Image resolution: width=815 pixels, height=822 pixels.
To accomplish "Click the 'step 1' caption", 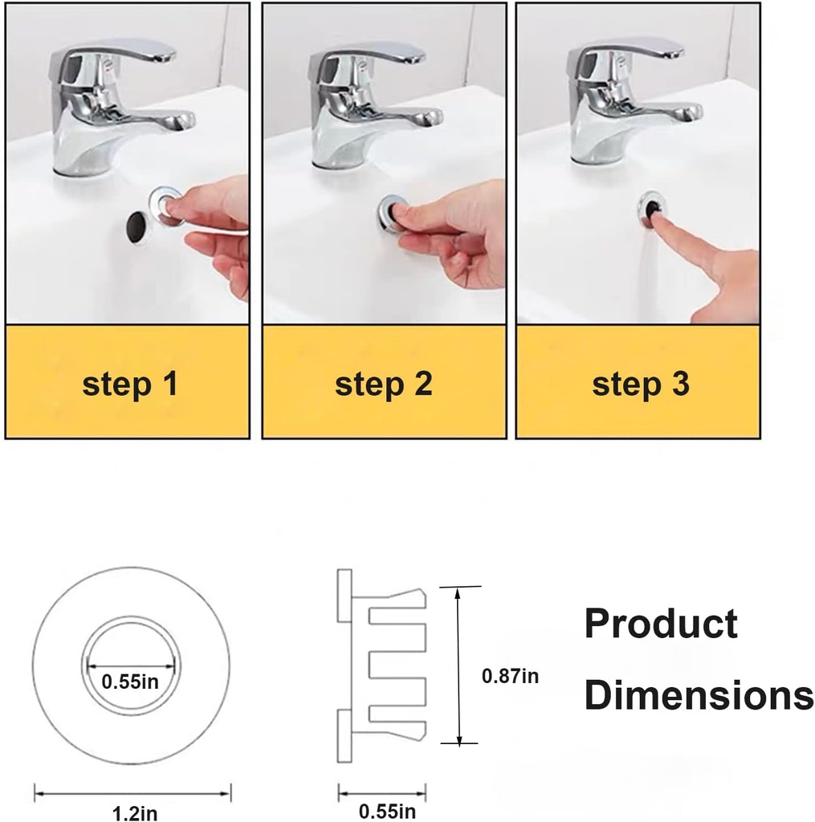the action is coord(129,385).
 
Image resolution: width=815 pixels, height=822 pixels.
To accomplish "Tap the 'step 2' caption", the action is coord(383,385).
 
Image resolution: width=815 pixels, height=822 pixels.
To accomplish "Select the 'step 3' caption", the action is coord(641,385).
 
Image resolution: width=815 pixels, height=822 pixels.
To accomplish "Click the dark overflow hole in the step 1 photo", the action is coord(137,226).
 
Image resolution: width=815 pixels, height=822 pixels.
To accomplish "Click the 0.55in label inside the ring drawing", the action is coord(129,682).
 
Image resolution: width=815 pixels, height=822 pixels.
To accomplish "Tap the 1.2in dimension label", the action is coord(135,813).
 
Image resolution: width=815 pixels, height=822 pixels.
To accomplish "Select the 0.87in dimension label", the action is coord(511,676).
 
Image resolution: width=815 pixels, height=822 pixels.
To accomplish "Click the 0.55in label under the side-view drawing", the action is coord(387,812).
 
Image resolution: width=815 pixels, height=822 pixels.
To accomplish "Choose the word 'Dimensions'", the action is coord(699,695).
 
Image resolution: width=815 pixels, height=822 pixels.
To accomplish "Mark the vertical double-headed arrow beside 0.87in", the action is coord(458,665).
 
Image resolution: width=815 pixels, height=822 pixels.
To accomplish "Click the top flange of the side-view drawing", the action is coord(344,596).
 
